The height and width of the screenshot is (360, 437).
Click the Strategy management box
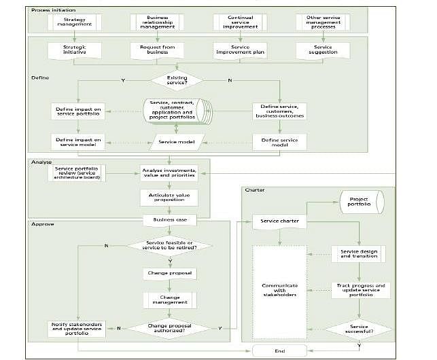[x=75, y=22]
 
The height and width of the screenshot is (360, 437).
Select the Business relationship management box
[x=158, y=22]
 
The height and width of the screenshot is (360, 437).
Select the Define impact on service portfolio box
[x=77, y=111]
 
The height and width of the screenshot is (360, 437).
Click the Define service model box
[x=279, y=141]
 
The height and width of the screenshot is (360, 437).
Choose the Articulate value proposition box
[x=169, y=197]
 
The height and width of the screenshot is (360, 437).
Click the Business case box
[x=169, y=220]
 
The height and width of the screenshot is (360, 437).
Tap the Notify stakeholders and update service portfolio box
[x=77, y=328]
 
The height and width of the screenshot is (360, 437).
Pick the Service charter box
[x=279, y=221]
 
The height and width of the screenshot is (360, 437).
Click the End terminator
[x=279, y=349]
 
